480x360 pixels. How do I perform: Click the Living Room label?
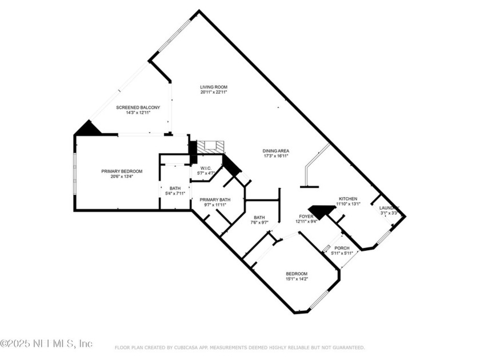(214, 87)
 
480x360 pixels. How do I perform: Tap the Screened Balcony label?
(138, 107)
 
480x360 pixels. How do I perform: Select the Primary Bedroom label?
(122, 171)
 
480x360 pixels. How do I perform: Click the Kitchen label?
(347, 199)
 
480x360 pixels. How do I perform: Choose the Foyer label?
(306, 217)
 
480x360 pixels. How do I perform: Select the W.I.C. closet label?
(206, 168)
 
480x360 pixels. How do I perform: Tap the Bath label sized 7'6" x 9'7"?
(260, 217)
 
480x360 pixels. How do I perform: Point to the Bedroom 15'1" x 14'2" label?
(297, 274)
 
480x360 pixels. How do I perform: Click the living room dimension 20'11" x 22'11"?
(214, 93)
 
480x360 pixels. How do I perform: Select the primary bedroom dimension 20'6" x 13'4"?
(122, 177)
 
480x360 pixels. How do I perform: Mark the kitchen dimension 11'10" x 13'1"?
(347, 204)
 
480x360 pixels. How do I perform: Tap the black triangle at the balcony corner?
(88, 129)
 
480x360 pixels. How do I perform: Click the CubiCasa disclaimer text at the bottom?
(239, 347)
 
